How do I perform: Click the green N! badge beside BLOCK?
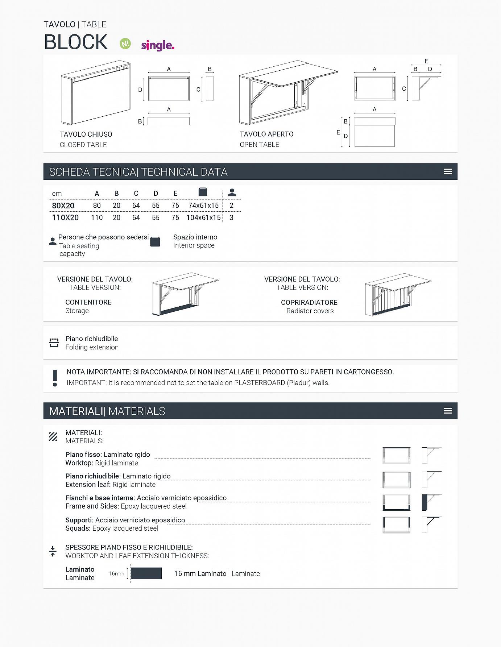click(x=125, y=44)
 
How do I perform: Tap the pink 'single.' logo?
click(x=158, y=45)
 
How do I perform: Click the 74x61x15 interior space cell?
click(x=203, y=206)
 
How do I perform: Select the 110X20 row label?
click(x=65, y=217)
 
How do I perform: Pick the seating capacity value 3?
click(x=231, y=217)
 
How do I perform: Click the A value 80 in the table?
click(x=97, y=206)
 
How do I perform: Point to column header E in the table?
click(x=175, y=194)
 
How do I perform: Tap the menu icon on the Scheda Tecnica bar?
click(x=448, y=172)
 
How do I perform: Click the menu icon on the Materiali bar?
click(x=448, y=411)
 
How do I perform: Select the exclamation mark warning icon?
click(x=55, y=378)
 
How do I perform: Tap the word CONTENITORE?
click(x=88, y=302)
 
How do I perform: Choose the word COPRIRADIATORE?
click(x=309, y=302)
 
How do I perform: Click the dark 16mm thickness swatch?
click(x=146, y=573)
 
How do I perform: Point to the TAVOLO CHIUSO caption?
click(x=86, y=134)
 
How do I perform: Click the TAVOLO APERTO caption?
click(x=266, y=134)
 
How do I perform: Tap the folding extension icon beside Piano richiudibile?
click(x=54, y=343)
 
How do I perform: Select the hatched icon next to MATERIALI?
click(x=53, y=436)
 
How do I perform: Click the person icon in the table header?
click(x=232, y=192)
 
